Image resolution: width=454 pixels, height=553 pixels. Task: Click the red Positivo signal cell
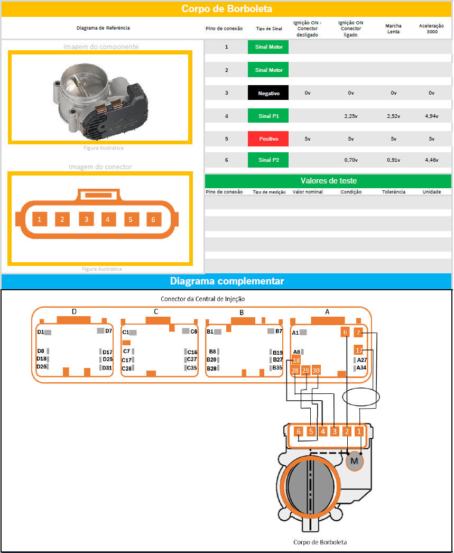pyautogui.click(x=268, y=139)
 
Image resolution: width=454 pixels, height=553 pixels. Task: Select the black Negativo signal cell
pyautogui.click(x=268, y=93)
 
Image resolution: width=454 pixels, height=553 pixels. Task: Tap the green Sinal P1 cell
pyautogui.click(x=268, y=116)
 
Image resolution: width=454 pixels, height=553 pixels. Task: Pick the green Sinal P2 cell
pyautogui.click(x=268, y=160)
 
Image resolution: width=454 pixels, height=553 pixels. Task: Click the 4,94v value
pyautogui.click(x=431, y=116)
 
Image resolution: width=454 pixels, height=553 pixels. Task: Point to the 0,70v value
pyautogui.click(x=351, y=160)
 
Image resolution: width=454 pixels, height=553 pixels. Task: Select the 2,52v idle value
pyautogui.click(x=393, y=116)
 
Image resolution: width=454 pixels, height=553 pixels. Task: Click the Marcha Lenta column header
pyautogui.click(x=393, y=29)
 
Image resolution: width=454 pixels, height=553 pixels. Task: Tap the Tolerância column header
pyautogui.click(x=394, y=192)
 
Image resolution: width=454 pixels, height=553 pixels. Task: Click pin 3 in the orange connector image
pyautogui.click(x=86, y=219)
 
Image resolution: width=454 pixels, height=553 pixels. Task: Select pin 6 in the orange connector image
pyautogui.click(x=153, y=219)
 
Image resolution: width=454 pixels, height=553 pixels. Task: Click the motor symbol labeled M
pyautogui.click(x=354, y=461)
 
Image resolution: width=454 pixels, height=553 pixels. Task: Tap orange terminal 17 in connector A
pyautogui.click(x=358, y=350)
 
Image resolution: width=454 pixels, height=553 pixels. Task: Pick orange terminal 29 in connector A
pyautogui.click(x=305, y=370)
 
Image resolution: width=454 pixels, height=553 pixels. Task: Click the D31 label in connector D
pyautogui.click(x=107, y=368)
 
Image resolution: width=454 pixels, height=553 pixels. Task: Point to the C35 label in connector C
pyautogui.click(x=192, y=368)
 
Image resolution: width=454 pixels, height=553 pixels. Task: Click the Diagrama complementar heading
pyautogui.click(x=227, y=281)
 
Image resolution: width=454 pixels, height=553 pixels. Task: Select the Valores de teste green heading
pyautogui.click(x=329, y=181)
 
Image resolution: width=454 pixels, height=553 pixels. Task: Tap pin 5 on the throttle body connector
pyautogui.click(x=311, y=431)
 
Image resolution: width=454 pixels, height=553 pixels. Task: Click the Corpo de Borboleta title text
pyautogui.click(x=227, y=9)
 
